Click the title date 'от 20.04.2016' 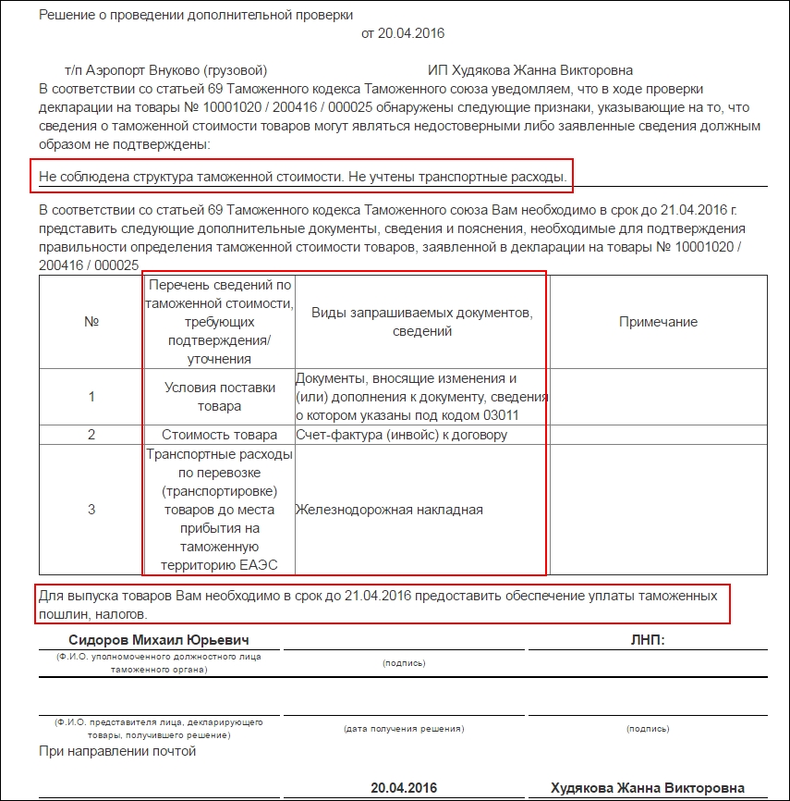pos(403,33)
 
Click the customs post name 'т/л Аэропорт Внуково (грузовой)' pos(166,70)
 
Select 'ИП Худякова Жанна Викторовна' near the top pos(530,70)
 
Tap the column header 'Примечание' pos(658,322)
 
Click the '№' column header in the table pos(91,322)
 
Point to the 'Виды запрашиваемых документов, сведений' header pos(421,322)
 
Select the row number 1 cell pos(91,397)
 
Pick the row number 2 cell pos(91,435)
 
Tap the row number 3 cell pos(91,510)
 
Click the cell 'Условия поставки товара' pos(219,397)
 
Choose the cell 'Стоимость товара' pos(219,435)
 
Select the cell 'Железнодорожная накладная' pos(389,510)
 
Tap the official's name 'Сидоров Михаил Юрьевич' pos(159,640)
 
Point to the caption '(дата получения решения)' pos(403,729)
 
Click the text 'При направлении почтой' pos(118,751)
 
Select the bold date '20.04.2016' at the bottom pos(403,788)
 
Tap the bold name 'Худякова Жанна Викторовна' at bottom pos(647,788)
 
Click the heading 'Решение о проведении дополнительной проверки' pos(196,16)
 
